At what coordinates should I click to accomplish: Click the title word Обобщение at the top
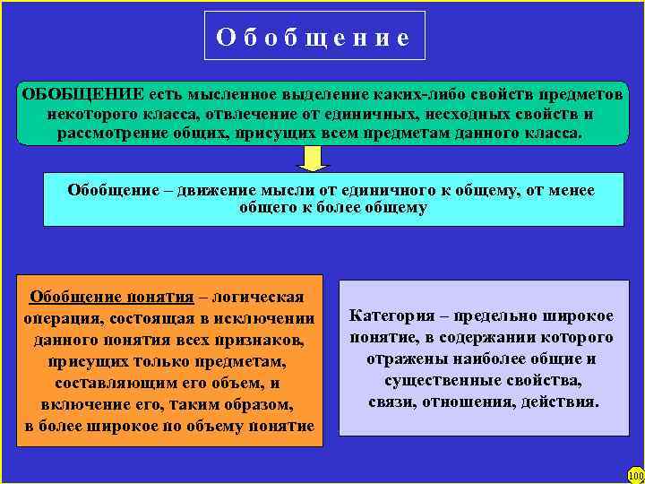point(314,38)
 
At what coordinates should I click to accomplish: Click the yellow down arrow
point(313,159)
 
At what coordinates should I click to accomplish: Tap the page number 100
point(635,475)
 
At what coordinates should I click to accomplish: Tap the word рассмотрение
point(111,134)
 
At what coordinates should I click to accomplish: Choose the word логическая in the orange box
point(263,298)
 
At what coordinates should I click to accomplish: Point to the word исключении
point(269,319)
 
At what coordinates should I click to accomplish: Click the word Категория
point(389,316)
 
